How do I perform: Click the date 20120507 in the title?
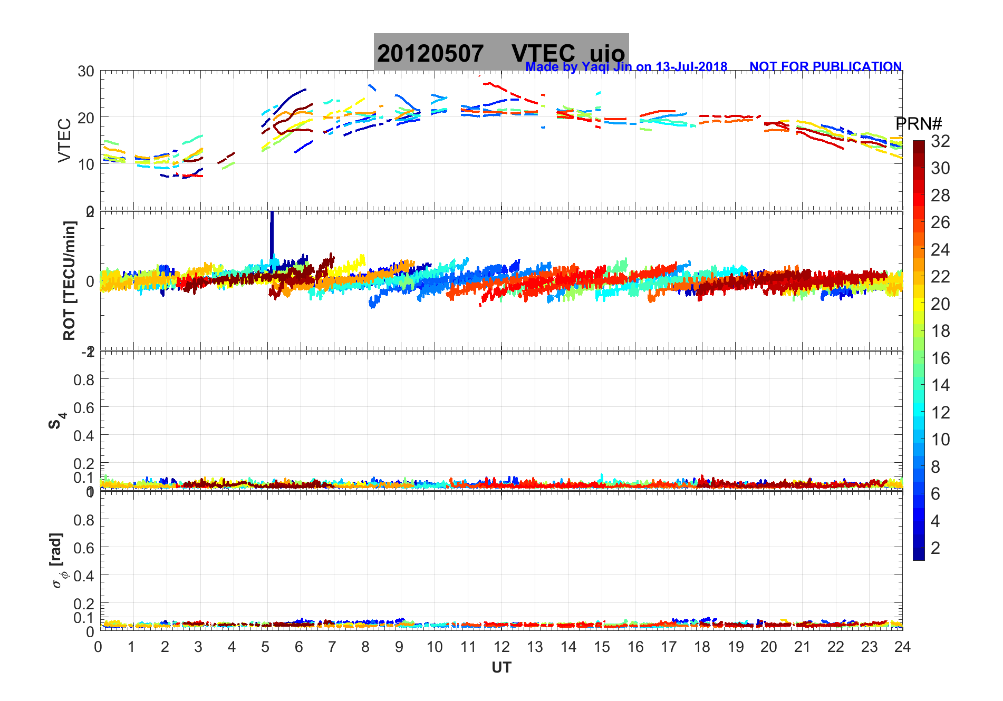[430, 53]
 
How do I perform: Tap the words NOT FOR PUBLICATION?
[825, 67]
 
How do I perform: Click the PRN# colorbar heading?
[919, 124]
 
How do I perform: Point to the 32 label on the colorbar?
[940, 141]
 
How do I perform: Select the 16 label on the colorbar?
[940, 358]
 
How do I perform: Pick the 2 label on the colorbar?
[936, 548]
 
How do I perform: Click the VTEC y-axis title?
[64, 141]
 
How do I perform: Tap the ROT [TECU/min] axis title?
[69, 281]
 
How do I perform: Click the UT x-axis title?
[501, 668]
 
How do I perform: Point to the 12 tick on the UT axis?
[502, 647]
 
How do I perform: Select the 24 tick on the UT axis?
[902, 647]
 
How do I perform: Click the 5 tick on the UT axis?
[265, 647]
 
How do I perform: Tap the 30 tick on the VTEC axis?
[86, 72]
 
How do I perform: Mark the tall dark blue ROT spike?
[272, 235]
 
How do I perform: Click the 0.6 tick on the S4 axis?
[84, 407]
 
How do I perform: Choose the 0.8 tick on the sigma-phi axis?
[84, 520]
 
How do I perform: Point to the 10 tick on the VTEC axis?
[86, 164]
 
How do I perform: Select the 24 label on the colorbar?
[940, 250]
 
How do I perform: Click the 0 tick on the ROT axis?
[90, 281]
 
